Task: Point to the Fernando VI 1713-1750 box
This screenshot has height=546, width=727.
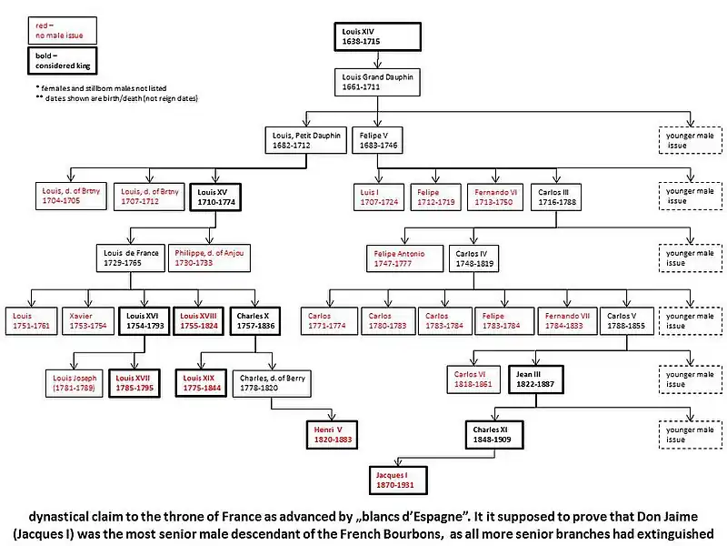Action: pos(495,197)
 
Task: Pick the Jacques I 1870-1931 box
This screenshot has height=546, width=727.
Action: pos(395,480)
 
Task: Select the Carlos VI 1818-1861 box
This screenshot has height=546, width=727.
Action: pos(474,379)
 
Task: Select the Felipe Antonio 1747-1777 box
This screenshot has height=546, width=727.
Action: pos(403,258)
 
